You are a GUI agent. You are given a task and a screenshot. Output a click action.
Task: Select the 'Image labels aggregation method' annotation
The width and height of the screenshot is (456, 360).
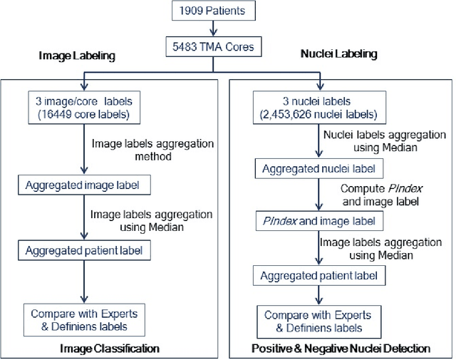coord(152,149)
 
